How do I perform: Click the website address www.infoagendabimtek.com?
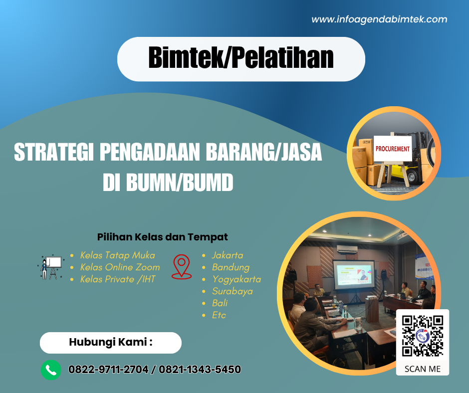379,19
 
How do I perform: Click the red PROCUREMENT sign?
393,149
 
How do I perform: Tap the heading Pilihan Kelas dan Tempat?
163,237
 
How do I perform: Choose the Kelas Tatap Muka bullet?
117,255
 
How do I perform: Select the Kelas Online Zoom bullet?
120,267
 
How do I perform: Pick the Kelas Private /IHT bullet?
117,279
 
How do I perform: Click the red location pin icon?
182,266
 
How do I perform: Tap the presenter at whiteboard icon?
50,267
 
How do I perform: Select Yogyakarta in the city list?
236,279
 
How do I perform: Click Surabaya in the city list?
232,291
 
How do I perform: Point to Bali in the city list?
220,303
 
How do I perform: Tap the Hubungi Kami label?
110,343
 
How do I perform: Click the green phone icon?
51,370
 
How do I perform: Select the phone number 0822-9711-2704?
108,370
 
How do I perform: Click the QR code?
423,335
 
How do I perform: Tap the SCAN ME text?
423,369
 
